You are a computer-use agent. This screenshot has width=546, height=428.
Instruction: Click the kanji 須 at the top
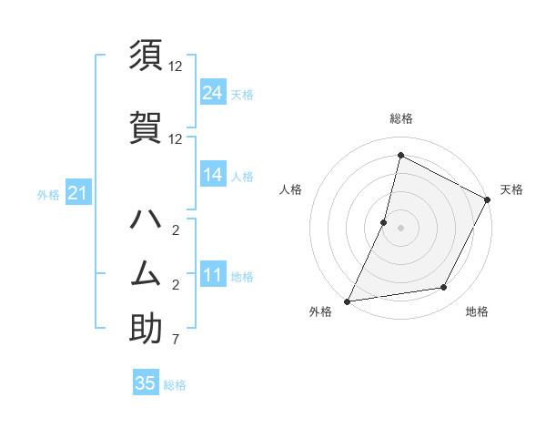click(x=146, y=56)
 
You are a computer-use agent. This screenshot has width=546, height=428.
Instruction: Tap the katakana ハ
click(x=146, y=219)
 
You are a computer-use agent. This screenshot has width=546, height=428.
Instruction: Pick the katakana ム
click(x=146, y=274)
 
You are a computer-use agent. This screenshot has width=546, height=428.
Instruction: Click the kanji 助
click(x=146, y=329)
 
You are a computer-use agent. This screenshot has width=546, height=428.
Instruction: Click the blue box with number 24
click(x=213, y=93)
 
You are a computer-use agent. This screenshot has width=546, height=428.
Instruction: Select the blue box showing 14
click(x=213, y=176)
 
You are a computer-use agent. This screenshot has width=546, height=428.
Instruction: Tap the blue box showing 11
click(x=213, y=275)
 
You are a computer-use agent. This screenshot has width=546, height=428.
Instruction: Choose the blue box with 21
click(x=77, y=193)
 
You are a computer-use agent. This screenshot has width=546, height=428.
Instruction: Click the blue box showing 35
click(x=146, y=383)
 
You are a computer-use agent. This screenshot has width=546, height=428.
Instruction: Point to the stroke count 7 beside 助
click(x=176, y=341)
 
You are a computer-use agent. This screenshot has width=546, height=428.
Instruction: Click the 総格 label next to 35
click(x=175, y=385)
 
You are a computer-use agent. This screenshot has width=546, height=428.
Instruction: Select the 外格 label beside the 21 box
click(x=48, y=194)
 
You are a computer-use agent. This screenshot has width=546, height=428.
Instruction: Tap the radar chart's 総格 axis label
click(x=400, y=119)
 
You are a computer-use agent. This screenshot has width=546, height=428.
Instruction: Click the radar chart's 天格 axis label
click(x=511, y=189)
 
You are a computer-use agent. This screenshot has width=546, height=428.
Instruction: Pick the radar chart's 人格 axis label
click(x=290, y=189)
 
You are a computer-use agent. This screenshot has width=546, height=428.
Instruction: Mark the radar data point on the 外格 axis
click(x=348, y=301)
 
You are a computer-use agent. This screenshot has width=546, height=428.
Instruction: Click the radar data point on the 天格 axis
click(x=488, y=200)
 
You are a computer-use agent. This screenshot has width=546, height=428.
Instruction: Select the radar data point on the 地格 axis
click(x=444, y=288)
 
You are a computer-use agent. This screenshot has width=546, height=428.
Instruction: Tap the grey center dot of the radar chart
click(x=400, y=229)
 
